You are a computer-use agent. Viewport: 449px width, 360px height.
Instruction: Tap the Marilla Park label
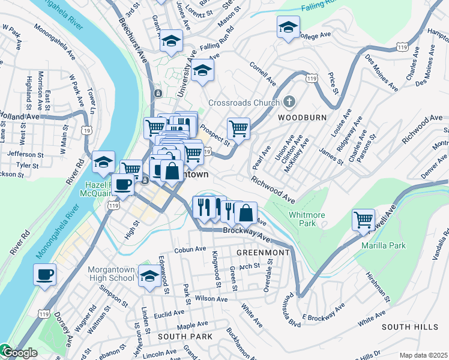[x=384, y=245]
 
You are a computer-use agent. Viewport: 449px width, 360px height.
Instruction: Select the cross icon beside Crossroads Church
[x=289, y=102]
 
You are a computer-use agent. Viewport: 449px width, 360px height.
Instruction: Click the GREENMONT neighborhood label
[x=263, y=253]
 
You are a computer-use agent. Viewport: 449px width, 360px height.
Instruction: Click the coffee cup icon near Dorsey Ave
[x=45, y=275]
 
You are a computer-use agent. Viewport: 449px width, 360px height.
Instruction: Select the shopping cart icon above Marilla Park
[x=363, y=220]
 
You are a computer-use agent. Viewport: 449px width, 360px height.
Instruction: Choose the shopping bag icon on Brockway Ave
[x=246, y=212]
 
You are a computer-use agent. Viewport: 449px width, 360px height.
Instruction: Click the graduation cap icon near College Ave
[x=288, y=27]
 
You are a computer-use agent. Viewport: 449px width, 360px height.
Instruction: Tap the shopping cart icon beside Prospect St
[x=238, y=128]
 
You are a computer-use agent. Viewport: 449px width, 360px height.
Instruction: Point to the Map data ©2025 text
[x=423, y=355]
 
